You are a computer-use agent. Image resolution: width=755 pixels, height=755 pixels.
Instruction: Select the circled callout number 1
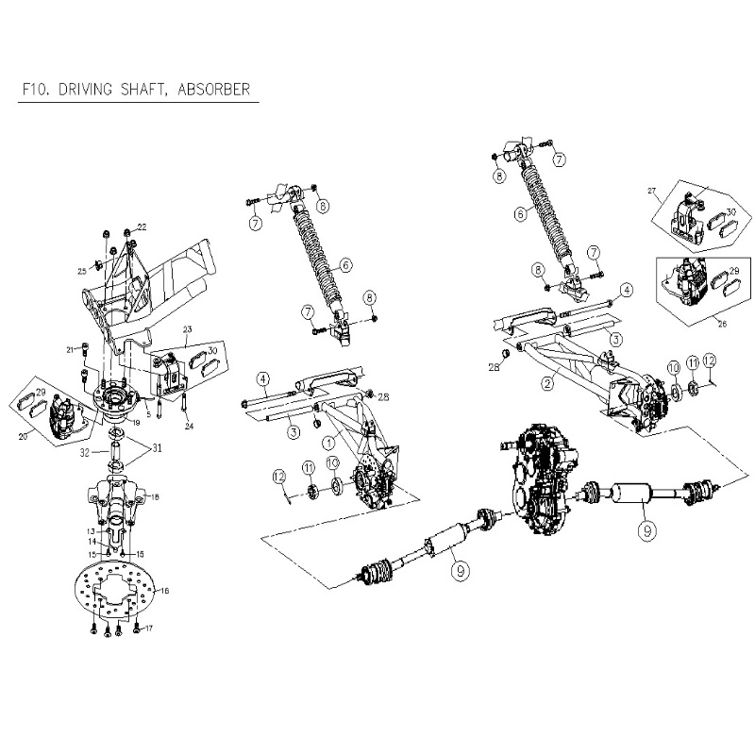pyautogui.click(x=328, y=440)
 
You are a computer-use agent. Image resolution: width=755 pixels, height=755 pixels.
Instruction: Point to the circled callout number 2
pyautogui.click(x=546, y=382)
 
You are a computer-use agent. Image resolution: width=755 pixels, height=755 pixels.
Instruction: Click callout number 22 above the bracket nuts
pyautogui.click(x=143, y=227)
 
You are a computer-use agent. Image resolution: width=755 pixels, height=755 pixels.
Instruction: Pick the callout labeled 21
pyautogui.click(x=70, y=350)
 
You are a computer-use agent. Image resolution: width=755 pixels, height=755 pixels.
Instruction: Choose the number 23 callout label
pyautogui.click(x=187, y=329)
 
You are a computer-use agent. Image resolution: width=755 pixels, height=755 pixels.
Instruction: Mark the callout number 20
pyautogui.click(x=23, y=438)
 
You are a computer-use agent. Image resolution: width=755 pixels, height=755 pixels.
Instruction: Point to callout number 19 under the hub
pyautogui.click(x=136, y=422)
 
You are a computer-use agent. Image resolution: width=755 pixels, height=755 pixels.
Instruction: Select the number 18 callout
pyautogui.click(x=157, y=495)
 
